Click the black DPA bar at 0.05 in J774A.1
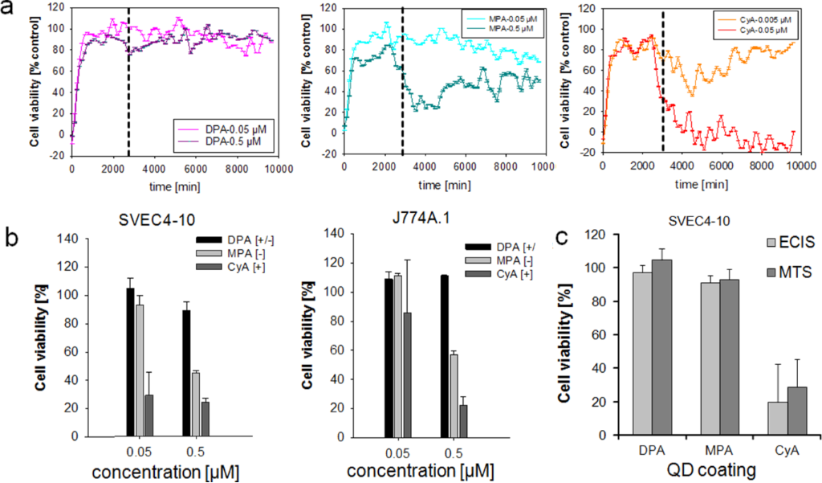click(389, 358)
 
